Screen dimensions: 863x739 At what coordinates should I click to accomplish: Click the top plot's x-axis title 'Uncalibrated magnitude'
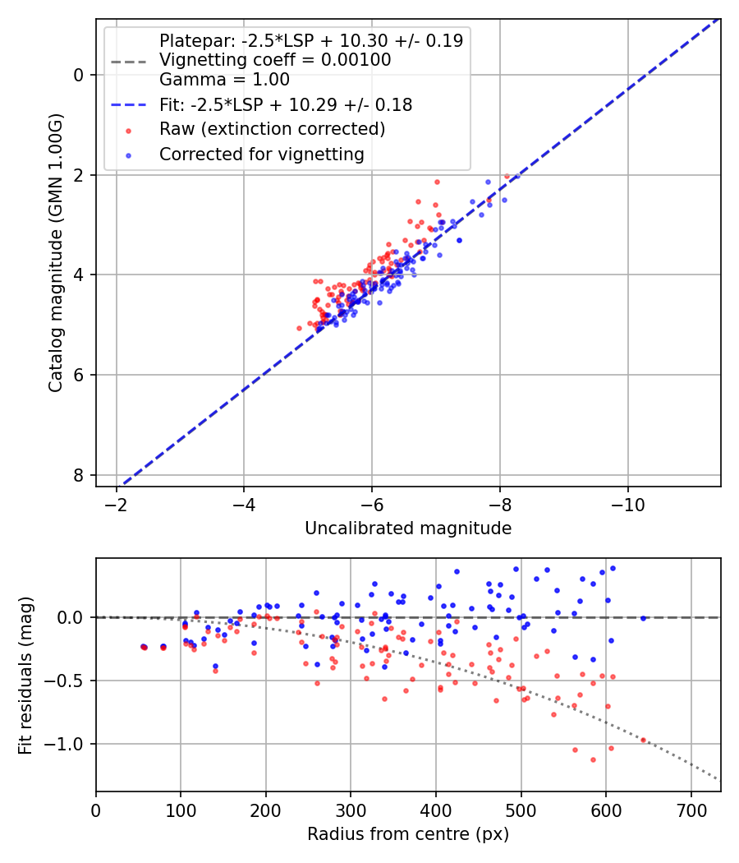408,528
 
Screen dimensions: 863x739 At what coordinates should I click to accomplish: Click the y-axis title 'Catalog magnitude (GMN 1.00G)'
55,252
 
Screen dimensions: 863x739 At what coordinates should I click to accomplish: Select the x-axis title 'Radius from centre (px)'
408,834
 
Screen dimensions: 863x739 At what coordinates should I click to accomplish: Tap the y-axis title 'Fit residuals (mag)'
25,675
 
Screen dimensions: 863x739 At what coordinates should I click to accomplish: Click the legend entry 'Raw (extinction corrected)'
272,129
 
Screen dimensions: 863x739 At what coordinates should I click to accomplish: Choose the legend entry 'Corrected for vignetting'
261,154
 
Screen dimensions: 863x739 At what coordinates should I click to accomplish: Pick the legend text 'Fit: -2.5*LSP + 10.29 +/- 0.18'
286,105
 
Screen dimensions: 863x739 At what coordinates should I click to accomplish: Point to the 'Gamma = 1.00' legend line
224,80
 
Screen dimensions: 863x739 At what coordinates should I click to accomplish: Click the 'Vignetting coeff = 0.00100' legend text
275,60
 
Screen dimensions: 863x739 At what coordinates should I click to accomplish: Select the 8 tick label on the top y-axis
79,475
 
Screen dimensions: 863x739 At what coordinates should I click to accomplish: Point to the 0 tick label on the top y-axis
79,75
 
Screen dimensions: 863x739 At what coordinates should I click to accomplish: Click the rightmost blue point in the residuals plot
644,618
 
